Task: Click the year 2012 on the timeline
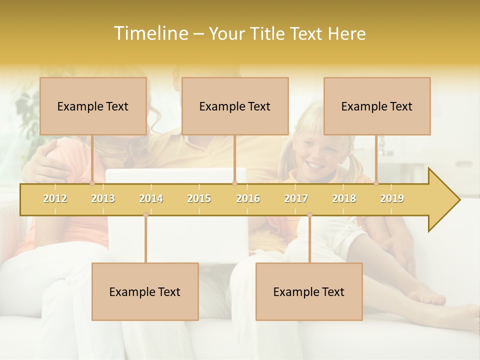(x=55, y=198)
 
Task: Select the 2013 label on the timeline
(x=103, y=198)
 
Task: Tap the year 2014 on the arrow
(x=151, y=198)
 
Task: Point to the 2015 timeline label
(x=199, y=198)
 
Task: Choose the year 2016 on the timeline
(x=248, y=198)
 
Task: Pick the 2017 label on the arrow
(x=296, y=198)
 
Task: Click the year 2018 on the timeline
(x=344, y=198)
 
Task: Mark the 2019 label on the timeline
(x=392, y=198)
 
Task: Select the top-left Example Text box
(x=93, y=106)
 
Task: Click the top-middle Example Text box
(x=235, y=106)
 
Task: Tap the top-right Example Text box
(x=377, y=106)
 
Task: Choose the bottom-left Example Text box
(x=145, y=291)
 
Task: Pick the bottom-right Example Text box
(x=309, y=291)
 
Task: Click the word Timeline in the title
(x=150, y=33)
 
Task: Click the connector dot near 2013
(x=92, y=183)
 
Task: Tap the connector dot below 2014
(x=145, y=215)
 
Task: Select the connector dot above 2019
(x=376, y=183)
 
